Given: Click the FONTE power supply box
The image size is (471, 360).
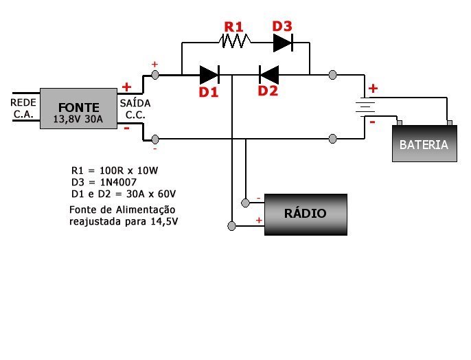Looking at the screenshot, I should [78, 110].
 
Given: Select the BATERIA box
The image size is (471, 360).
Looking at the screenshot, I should [424, 144].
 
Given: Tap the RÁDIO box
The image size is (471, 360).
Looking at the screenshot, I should [306, 214].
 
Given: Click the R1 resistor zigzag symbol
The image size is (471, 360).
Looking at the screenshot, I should [234, 43].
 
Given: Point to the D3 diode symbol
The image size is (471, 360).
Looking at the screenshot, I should [284, 43].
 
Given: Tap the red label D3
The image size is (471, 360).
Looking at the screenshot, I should [282, 26].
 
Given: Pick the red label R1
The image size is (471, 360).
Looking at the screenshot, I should [234, 27].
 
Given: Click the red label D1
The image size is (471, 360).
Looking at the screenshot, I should [209, 92].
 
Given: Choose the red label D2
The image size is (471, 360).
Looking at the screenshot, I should [268, 90].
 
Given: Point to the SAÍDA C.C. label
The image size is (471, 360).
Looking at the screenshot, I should [135, 109].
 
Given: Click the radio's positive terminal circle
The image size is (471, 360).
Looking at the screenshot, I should [233, 225].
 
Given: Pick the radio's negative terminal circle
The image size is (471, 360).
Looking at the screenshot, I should [245, 203].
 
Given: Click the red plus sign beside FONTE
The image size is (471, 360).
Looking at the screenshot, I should [126, 87].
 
